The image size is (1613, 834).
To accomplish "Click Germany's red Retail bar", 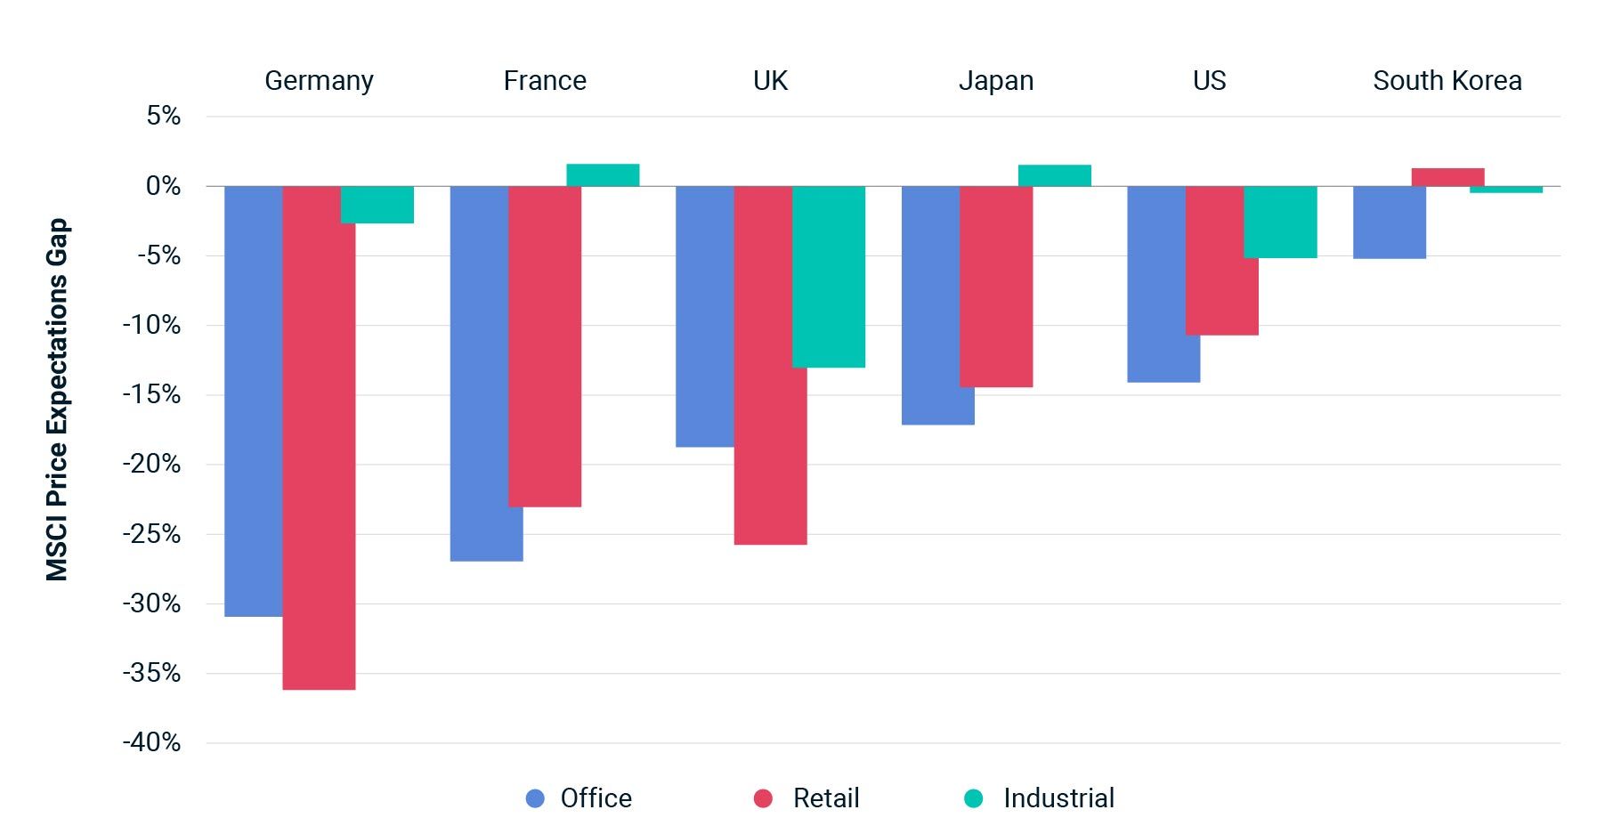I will [x=319, y=436].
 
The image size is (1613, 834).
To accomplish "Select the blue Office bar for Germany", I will [x=253, y=401].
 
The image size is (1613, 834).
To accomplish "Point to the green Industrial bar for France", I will [x=603, y=175].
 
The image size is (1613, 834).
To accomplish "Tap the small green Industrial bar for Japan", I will [x=1054, y=175].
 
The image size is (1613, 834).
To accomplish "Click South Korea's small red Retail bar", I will [x=1447, y=177].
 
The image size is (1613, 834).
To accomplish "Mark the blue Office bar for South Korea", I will [x=1389, y=223].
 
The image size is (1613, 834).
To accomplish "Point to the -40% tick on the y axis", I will [x=151, y=742].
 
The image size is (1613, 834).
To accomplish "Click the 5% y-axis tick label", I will [x=164, y=116].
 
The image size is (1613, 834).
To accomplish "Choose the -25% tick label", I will [x=151, y=534].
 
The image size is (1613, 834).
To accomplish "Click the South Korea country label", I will [x=1447, y=81].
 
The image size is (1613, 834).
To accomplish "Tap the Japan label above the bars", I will [x=995, y=81].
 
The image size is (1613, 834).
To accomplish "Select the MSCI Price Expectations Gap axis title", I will [x=57, y=400].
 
